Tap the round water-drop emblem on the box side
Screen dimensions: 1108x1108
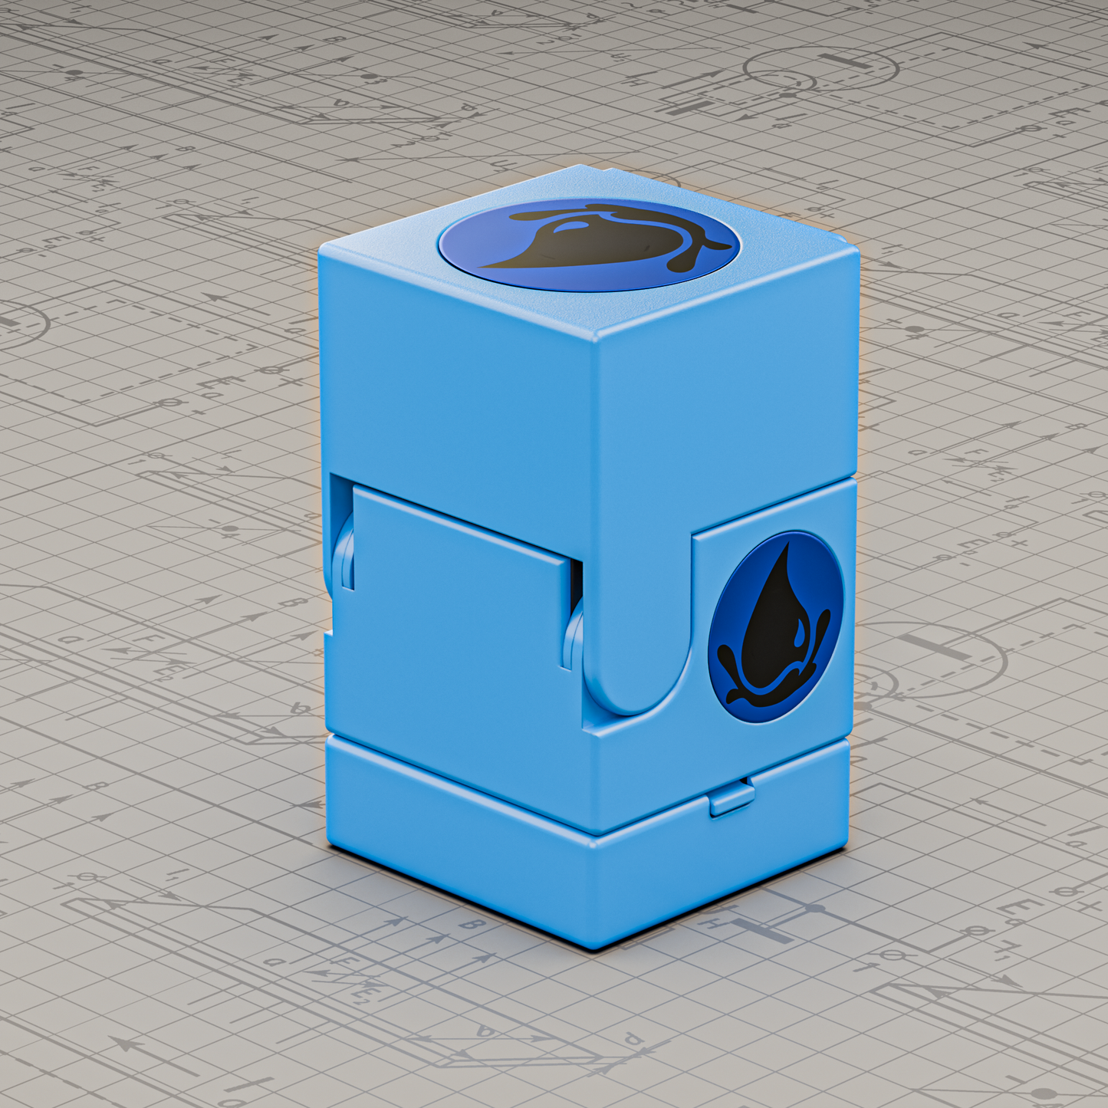(775, 627)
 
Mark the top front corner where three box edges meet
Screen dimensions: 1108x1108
(597, 337)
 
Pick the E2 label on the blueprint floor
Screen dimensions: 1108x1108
(360, 994)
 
